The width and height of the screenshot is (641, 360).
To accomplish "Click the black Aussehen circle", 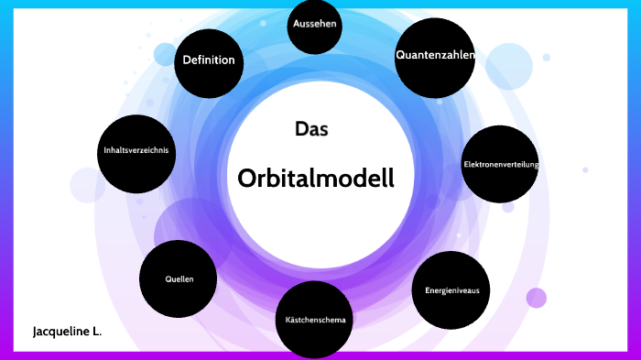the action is click(316, 27).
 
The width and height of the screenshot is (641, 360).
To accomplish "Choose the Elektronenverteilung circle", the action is click(500, 164).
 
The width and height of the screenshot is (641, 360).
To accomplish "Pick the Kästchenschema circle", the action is click(315, 320).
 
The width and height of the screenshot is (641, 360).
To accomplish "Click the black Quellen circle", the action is click(179, 278).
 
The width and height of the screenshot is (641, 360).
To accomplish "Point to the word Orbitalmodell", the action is click(316, 178).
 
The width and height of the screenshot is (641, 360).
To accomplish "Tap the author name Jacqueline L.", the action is click(67, 331).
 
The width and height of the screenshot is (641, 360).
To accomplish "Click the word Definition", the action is click(209, 60).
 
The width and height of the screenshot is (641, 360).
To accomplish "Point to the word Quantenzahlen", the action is click(435, 55).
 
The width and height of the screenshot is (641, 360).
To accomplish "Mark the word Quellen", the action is click(179, 278).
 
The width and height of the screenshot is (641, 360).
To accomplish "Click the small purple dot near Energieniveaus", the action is click(537, 298).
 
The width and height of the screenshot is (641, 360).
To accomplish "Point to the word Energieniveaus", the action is click(451, 290).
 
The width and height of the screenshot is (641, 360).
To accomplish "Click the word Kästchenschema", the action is click(315, 320).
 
